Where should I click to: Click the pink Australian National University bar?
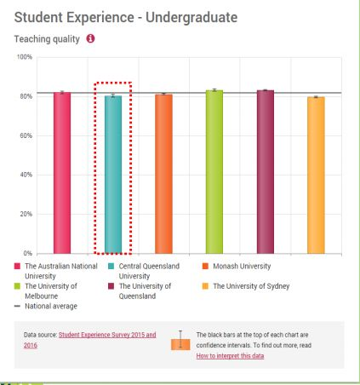(x=62, y=173)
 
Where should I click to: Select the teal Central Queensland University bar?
(x=113, y=175)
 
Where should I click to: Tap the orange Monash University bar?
(x=163, y=174)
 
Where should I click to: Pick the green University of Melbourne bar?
(x=214, y=172)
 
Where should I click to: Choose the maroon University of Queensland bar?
(x=266, y=172)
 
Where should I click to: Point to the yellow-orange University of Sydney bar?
(x=316, y=175)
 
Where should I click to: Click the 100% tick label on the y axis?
(x=25, y=57)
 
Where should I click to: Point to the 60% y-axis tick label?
(x=26, y=135)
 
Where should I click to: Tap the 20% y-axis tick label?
(x=26, y=214)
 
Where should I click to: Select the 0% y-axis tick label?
(x=27, y=253)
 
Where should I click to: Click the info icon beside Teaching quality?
(x=90, y=38)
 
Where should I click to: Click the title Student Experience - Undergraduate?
(x=126, y=18)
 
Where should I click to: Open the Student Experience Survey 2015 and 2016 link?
(x=90, y=340)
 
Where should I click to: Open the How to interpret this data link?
(x=230, y=356)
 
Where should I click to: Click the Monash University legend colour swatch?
(x=205, y=267)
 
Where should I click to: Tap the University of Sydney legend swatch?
(x=205, y=286)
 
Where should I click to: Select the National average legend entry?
(x=46, y=306)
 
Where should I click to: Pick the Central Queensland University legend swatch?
(x=111, y=267)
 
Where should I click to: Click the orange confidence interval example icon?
(x=180, y=341)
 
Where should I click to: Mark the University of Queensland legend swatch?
(x=111, y=286)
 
